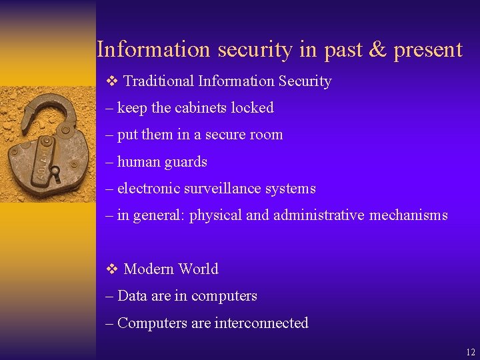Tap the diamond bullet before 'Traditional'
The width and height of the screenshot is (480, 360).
111,81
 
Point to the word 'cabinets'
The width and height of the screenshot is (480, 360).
203,108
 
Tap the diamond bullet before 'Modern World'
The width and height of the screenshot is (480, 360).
111,269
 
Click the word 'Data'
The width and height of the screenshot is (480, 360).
132,296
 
